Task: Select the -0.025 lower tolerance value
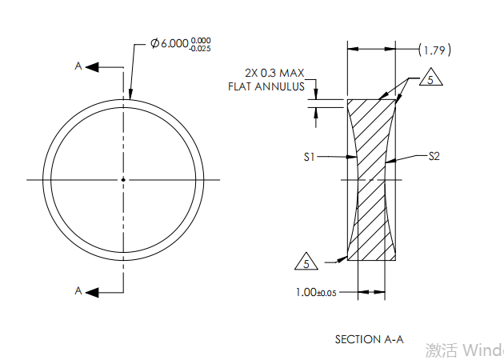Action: coord(201,50)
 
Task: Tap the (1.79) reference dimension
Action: coord(435,50)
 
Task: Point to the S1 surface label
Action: coord(310,158)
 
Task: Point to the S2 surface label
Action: coord(434,157)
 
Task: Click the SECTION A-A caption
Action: coord(369,339)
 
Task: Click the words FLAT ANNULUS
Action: coord(266,86)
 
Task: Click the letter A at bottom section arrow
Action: coord(78,291)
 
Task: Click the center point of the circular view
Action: coord(123,179)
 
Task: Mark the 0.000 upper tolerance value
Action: coord(201,40)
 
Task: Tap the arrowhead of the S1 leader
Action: coord(354,158)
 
